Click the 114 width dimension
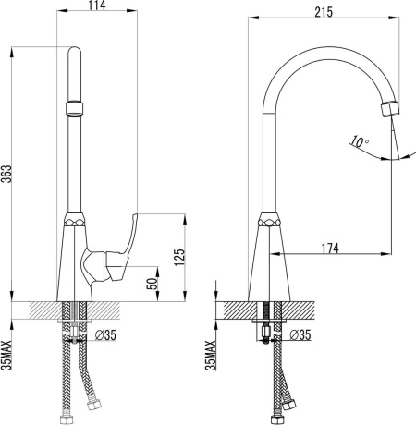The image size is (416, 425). (97, 6)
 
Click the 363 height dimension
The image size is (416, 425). (6, 174)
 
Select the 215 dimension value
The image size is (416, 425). (324, 12)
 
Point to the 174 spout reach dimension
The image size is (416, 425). (330, 249)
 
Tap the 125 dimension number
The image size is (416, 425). (179, 257)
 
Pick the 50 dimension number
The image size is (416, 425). (152, 284)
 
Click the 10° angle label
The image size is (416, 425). (359, 141)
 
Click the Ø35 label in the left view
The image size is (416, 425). (105, 335)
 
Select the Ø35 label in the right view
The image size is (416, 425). (300, 334)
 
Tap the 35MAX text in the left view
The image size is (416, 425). (6, 355)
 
